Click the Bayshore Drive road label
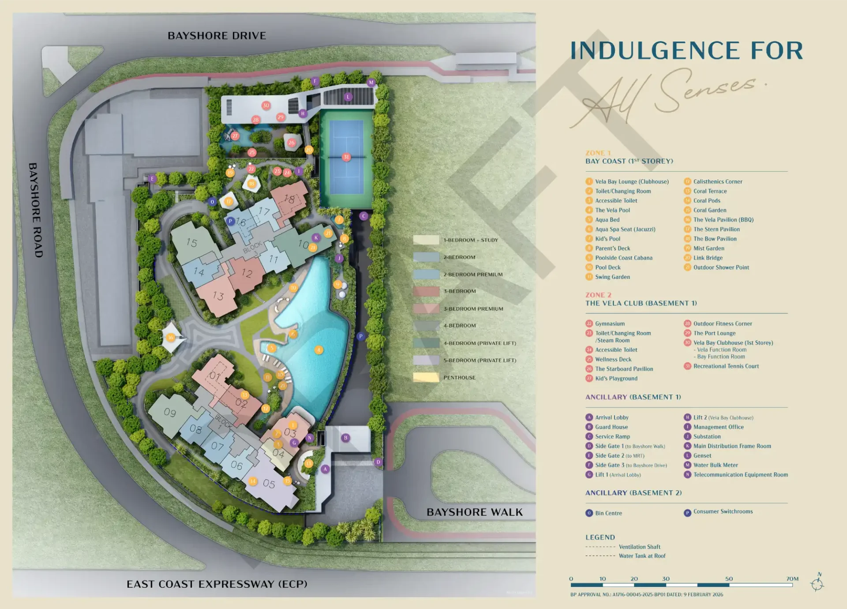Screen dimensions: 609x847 [217, 36]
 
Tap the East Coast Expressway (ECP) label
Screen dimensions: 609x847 [217, 584]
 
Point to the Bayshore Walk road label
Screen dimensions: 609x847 [474, 512]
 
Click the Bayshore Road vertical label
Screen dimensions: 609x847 [36, 210]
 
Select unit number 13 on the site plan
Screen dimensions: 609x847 [218, 296]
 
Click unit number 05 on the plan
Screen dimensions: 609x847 [269, 484]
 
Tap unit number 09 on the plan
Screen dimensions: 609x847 [170, 413]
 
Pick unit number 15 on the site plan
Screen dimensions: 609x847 [191, 242]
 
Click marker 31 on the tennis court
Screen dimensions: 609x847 [346, 157]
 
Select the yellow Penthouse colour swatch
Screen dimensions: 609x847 [426, 377]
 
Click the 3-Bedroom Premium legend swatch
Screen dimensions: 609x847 [426, 309]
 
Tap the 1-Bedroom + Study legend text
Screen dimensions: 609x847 [471, 240]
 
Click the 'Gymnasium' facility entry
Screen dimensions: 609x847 [610, 323]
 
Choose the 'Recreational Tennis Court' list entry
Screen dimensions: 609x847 [726, 366]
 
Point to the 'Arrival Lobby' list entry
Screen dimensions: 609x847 [611, 417]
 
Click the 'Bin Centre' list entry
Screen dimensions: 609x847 [608, 513]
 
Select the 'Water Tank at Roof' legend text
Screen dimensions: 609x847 [642, 556]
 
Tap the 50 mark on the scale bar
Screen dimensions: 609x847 [729, 579]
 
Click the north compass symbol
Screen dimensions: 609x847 [817, 584]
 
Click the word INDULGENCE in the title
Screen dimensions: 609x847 [655, 51]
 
